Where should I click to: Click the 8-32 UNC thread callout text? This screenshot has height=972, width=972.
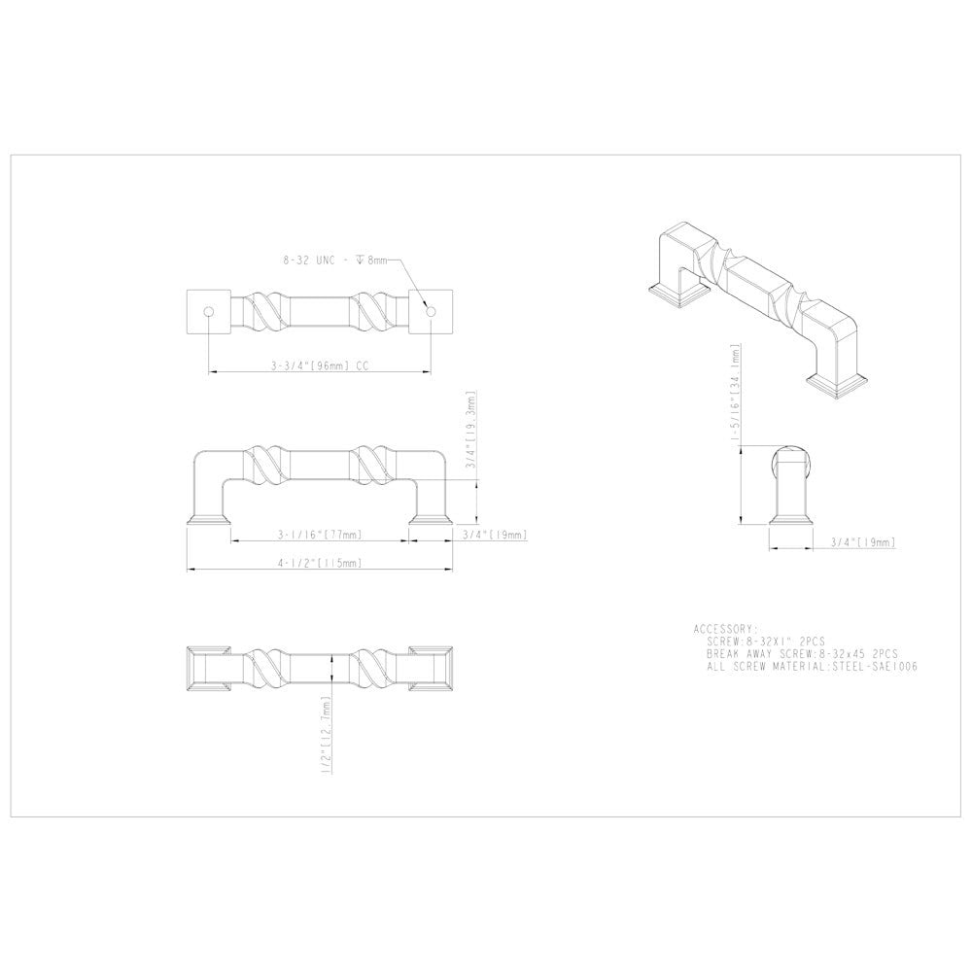[334, 260]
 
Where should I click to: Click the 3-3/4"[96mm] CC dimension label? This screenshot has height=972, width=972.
[320, 365]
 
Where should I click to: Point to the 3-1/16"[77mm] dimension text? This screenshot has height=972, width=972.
[320, 535]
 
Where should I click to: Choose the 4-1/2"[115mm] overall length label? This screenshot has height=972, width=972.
[320, 563]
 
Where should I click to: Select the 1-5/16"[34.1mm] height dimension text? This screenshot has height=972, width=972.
[736, 395]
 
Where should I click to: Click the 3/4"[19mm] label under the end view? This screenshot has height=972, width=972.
[863, 542]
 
